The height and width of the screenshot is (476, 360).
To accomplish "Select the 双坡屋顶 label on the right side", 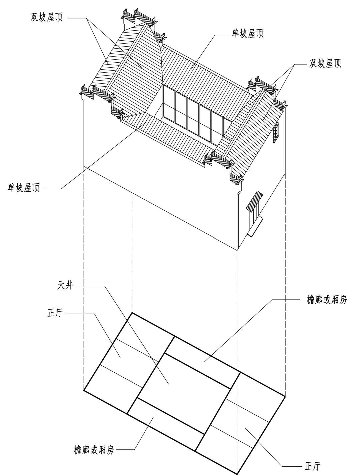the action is tap(325, 63).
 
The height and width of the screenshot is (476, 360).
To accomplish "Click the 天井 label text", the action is tap(64, 286).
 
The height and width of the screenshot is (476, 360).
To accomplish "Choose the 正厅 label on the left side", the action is tap(55, 314).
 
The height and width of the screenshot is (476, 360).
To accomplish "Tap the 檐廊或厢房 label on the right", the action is tap(327, 300).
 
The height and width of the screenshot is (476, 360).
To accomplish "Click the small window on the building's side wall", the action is tap(275, 132).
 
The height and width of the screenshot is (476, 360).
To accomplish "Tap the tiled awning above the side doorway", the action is tap(254, 200).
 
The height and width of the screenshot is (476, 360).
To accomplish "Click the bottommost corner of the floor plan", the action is tap(237, 473).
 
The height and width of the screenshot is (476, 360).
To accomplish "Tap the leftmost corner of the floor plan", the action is tap(84, 390).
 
